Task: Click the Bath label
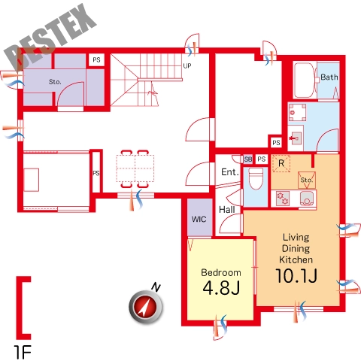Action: [329, 77]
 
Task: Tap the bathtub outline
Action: [295, 80]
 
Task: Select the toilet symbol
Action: [256, 178]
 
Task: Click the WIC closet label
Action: [199, 220]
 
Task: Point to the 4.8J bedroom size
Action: [221, 287]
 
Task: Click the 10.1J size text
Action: [296, 276]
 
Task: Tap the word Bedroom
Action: [221, 272]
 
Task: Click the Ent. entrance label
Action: [229, 172]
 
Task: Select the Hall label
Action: [227, 210]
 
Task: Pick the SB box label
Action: [248, 159]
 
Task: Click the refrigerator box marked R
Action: [281, 163]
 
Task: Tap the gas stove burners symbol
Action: [283, 198]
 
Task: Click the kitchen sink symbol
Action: [307, 199]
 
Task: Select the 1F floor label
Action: [23, 352]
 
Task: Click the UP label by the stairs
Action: [187, 66]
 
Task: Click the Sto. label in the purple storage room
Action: [55, 82]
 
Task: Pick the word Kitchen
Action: [296, 259]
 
